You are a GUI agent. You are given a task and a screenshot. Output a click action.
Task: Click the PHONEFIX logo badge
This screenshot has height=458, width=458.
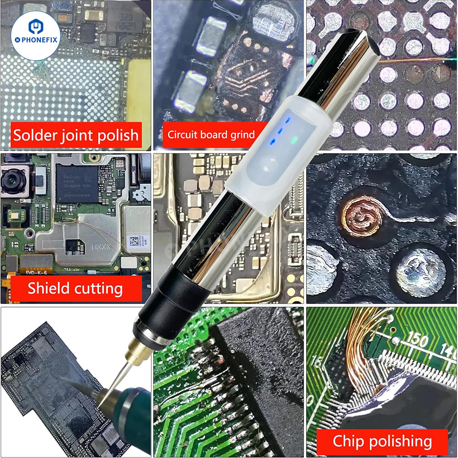coord(36,36)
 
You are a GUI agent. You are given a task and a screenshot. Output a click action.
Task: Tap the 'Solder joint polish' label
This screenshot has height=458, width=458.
coord(76,135)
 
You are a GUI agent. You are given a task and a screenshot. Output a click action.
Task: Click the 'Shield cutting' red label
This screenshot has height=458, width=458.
coord(75,289)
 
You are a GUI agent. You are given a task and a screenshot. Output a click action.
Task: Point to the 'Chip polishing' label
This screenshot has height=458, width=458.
coord(382,442)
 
